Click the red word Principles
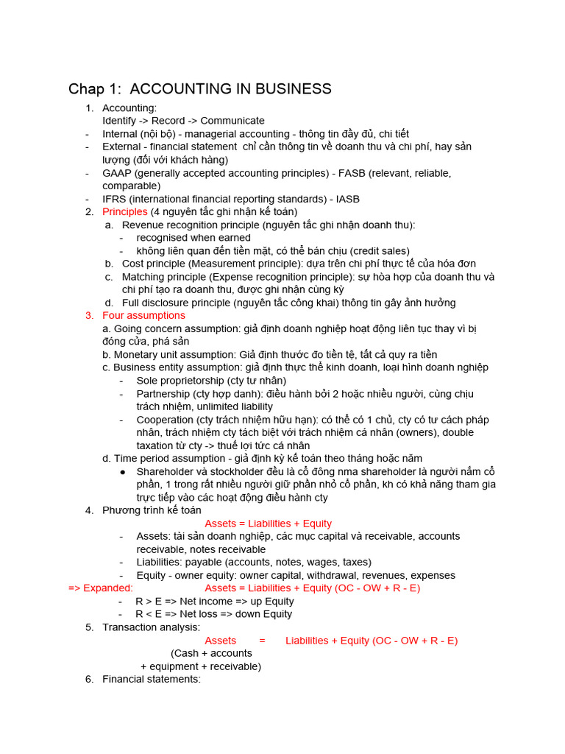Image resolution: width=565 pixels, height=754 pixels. (x=125, y=211)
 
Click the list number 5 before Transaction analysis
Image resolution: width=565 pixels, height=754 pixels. (x=89, y=627)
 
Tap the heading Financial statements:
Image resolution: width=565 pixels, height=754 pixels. (x=152, y=679)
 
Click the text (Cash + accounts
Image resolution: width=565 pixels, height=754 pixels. (x=211, y=653)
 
